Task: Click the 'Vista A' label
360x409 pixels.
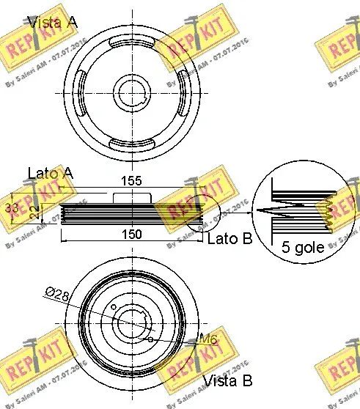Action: point(51,21)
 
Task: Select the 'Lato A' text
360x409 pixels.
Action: point(51,174)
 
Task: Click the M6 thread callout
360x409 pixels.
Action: point(208,339)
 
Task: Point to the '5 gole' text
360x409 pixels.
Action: point(301,248)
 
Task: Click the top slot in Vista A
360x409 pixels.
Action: point(132,45)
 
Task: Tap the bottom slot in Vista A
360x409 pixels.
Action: point(132,141)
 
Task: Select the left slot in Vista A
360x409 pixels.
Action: point(83,93)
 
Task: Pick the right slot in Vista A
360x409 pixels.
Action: point(180,93)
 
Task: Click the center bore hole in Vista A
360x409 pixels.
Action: point(132,93)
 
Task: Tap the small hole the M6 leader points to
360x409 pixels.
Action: point(150,340)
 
